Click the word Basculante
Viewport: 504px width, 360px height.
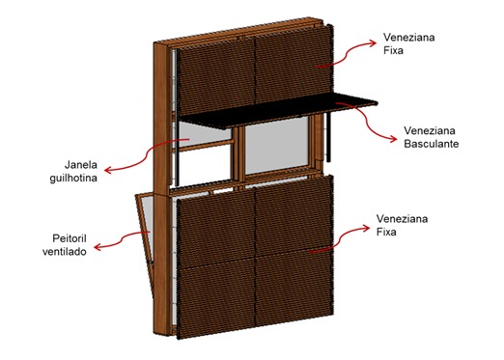click(x=432, y=144)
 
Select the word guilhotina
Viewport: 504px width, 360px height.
click(x=73, y=178)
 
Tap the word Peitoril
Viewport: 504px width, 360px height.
click(x=70, y=238)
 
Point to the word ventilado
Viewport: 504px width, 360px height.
click(x=65, y=251)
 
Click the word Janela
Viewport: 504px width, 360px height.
click(x=81, y=165)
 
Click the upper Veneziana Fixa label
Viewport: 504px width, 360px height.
click(x=408, y=43)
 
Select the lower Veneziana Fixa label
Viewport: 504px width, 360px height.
click(x=402, y=225)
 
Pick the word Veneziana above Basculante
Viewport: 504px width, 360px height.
click(x=430, y=130)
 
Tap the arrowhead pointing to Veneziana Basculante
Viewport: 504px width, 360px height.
click(x=393, y=139)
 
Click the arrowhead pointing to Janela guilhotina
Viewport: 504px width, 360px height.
click(x=109, y=170)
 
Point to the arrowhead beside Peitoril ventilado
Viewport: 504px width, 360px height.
click(x=98, y=247)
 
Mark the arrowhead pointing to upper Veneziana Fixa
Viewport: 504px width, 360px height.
click(x=372, y=42)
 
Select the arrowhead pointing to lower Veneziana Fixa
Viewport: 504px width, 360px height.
click(x=366, y=228)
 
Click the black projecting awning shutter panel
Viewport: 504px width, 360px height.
click(x=278, y=110)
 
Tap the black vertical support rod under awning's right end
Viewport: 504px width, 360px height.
click(x=328, y=137)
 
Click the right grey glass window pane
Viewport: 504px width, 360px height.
click(x=277, y=146)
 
